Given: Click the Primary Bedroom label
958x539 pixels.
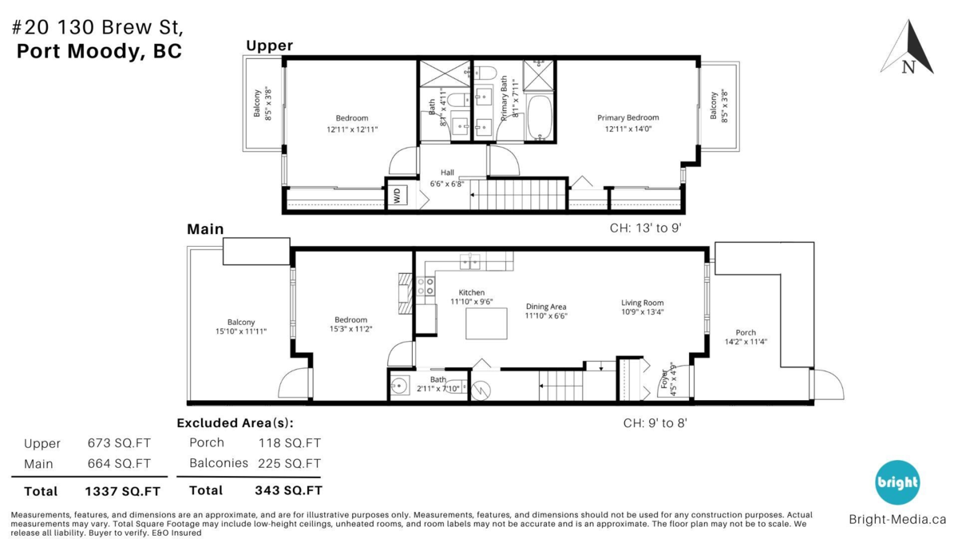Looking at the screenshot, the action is coord(627,117).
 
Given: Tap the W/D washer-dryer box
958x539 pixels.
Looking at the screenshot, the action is coord(398,196).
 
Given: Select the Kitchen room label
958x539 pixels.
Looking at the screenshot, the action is coord(471,292).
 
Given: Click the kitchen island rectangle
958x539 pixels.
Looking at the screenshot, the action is coord(486,323).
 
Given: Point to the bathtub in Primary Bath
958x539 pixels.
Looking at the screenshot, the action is coord(540,117).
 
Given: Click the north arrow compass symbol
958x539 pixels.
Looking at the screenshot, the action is coord(908,48).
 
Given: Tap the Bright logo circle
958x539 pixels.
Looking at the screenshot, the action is coord(897,482).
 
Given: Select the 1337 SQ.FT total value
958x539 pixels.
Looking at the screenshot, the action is coord(122,492).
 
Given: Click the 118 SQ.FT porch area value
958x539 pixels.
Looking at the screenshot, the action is coord(289,442).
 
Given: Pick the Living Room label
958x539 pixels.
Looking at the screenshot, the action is coord(643,303).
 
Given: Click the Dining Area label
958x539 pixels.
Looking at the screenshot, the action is coord(546,307).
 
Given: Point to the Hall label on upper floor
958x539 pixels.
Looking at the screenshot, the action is coord(447,172).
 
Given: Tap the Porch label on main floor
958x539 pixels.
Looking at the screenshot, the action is coord(746,332).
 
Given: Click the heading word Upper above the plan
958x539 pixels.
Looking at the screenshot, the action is coord(270,46).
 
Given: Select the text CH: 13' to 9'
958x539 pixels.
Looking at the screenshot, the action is coord(645,228).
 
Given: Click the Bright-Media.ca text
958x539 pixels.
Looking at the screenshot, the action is coord(897,519).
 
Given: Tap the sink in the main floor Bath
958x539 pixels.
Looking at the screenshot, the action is coord(398,386).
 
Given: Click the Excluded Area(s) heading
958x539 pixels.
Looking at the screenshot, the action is coord(236,423).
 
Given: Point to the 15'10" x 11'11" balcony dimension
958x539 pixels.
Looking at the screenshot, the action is coord(241,331).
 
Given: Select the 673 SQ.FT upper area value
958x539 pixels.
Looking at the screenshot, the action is coord(119,443).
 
